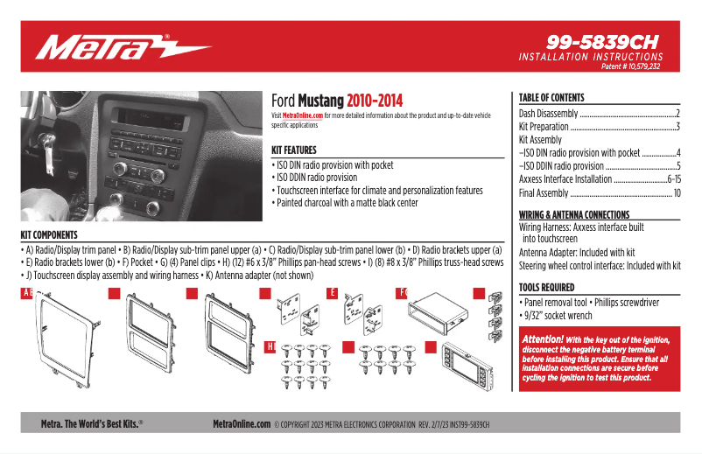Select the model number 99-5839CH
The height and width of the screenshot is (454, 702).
pos(601,41)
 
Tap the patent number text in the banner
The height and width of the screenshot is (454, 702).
pos(630,66)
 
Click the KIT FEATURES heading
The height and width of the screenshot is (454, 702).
pos(293,150)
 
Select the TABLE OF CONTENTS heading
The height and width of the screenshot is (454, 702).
pos(551,98)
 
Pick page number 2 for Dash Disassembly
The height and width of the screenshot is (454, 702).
pos(677,114)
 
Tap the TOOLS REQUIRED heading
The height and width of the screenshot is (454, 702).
pos(546,287)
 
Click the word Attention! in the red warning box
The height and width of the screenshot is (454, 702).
pos(542,339)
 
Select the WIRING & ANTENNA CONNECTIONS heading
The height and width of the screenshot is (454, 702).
pos(586,214)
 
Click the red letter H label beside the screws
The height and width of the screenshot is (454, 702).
pos(270,347)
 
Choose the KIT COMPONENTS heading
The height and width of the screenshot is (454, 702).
pos(49,234)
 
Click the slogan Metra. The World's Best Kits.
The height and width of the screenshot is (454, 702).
pos(92,423)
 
